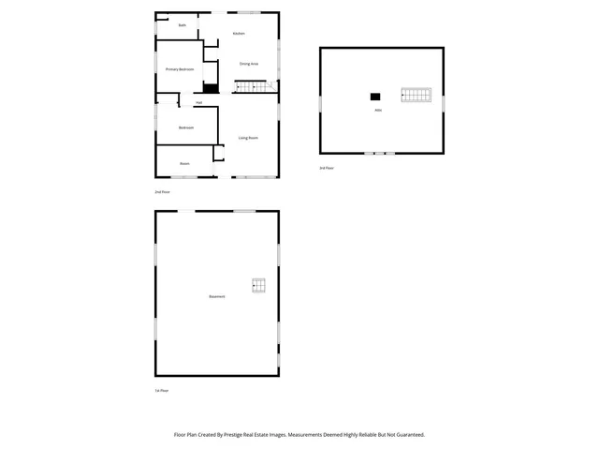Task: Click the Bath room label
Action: (182, 25)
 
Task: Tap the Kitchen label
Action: (239, 34)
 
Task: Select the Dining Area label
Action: (248, 64)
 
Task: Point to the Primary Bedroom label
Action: (180, 69)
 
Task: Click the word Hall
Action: (198, 102)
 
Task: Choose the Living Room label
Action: (248, 138)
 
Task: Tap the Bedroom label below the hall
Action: (186, 127)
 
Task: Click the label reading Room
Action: (185, 163)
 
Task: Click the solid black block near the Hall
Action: (211, 89)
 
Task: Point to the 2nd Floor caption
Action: (162, 191)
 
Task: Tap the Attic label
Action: (377, 111)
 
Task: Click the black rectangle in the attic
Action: (375, 96)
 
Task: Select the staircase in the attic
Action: (416, 96)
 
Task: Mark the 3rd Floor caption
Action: (327, 168)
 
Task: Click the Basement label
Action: (216, 297)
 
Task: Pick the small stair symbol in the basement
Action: (258, 286)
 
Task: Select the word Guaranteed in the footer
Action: (404, 435)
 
